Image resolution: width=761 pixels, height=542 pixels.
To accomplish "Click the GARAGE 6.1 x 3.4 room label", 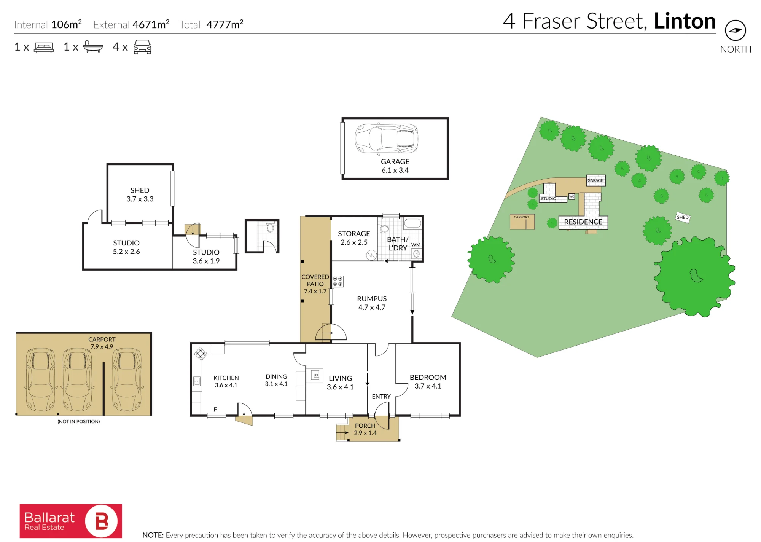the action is click(x=395, y=166).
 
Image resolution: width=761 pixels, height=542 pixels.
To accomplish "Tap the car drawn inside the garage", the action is click(x=386, y=139).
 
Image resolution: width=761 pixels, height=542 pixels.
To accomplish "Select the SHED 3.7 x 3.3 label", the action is click(x=140, y=194).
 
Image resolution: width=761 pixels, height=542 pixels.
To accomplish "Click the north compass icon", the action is click(x=735, y=30).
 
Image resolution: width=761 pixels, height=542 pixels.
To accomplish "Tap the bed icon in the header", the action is click(x=44, y=47).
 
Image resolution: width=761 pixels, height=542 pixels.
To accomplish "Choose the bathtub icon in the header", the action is click(x=93, y=46).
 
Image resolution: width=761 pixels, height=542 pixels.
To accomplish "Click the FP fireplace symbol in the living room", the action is click(x=316, y=375).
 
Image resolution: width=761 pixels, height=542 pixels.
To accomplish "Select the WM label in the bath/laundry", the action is click(x=416, y=245).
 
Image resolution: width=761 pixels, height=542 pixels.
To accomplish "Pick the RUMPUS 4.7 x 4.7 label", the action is click(x=372, y=303).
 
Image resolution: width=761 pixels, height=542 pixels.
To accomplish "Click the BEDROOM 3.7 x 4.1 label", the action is click(x=428, y=381).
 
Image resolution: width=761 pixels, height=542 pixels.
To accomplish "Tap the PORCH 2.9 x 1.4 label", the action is click(x=365, y=429).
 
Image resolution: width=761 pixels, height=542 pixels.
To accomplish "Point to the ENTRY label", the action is click(x=381, y=396).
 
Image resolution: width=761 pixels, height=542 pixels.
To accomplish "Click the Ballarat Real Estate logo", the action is click(x=71, y=521).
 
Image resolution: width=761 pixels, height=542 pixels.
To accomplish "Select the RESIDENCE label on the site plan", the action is click(x=583, y=222).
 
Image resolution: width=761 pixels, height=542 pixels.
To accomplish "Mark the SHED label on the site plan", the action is click(x=683, y=217).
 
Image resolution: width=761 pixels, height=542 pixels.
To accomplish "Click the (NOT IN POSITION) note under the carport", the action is click(x=79, y=421).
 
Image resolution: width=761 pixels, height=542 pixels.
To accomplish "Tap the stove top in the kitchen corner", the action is click(x=200, y=353).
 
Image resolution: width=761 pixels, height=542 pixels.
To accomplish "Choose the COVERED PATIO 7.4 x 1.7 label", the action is click(x=315, y=284).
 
